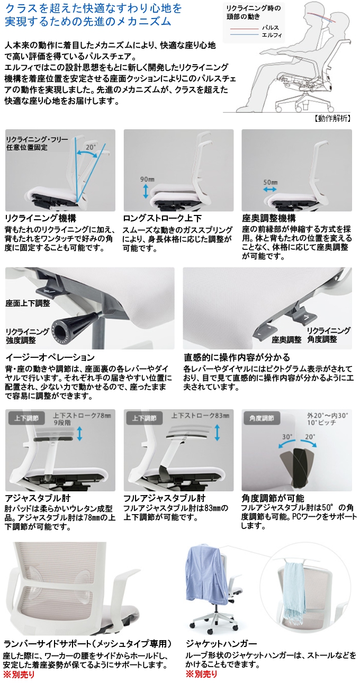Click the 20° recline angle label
[90, 147]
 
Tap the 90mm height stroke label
[147, 179]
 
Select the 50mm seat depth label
[271, 182]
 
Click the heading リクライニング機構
[41, 218]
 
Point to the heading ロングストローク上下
[162, 218]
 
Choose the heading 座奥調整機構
[268, 218]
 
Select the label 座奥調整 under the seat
[286, 339]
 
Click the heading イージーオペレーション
[50, 357]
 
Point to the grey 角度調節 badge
[262, 418]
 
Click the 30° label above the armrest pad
[287, 437]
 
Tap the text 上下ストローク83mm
[200, 416]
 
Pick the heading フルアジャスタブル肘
[164, 498]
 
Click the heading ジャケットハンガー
[221, 644]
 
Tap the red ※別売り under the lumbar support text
[19, 674]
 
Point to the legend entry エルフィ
[272, 35]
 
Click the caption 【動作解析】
[332, 119]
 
